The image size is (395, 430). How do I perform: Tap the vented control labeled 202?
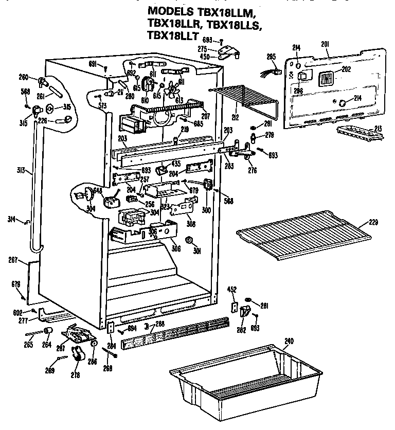[x=325, y=79]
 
